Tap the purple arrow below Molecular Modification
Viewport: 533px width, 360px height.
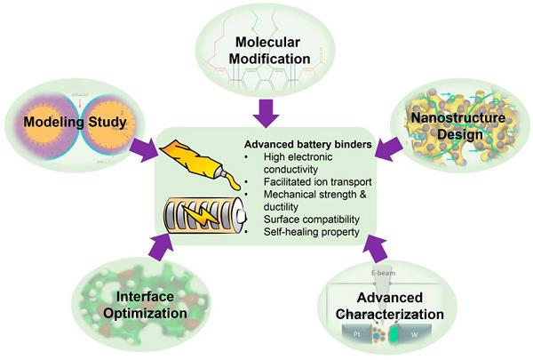tap(266, 110)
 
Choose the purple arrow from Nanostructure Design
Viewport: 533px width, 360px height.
tap(387, 150)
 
